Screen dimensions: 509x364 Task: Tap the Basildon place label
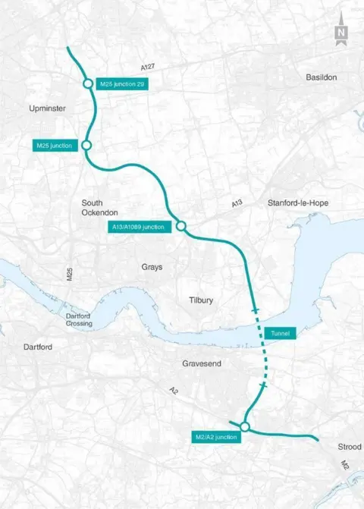(321, 77)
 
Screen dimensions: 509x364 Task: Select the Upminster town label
(45, 108)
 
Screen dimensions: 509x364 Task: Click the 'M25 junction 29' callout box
(121, 83)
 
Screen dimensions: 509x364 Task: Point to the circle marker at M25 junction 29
(87, 83)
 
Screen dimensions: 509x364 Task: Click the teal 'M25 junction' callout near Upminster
(55, 145)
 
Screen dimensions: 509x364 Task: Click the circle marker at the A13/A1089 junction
(181, 225)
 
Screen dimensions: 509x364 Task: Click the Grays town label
(152, 267)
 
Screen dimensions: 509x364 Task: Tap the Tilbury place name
(201, 300)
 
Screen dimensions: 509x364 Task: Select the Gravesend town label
(202, 364)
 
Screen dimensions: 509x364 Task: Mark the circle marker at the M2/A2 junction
(244, 428)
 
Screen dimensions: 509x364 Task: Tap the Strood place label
(345, 447)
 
